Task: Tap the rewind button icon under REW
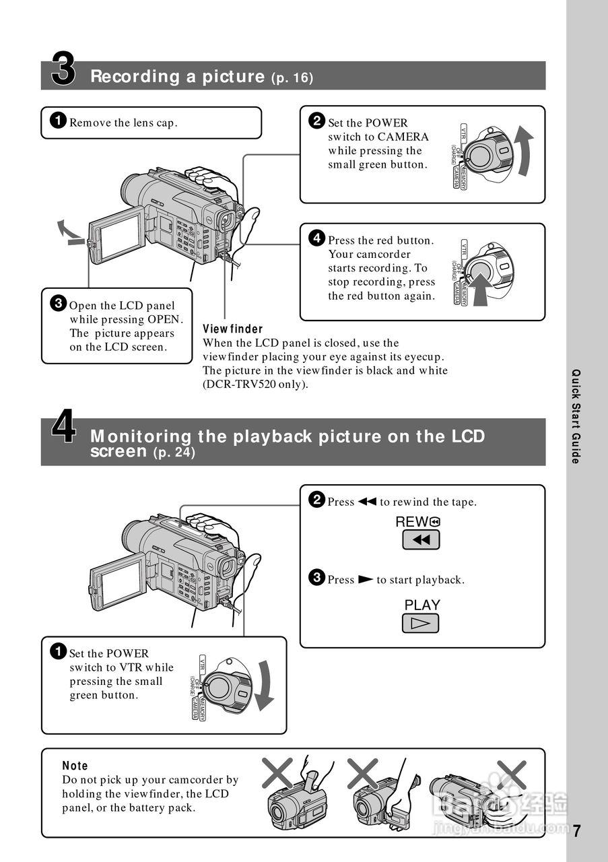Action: [421, 539]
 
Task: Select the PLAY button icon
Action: [421, 623]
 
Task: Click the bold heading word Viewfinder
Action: [233, 329]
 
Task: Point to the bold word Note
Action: [75, 766]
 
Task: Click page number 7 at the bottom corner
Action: [577, 831]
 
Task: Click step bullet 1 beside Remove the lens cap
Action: [59, 121]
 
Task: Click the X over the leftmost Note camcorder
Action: [277, 772]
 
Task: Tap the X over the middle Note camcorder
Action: [364, 772]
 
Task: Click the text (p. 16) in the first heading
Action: [292, 78]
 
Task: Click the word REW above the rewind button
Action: [412, 521]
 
